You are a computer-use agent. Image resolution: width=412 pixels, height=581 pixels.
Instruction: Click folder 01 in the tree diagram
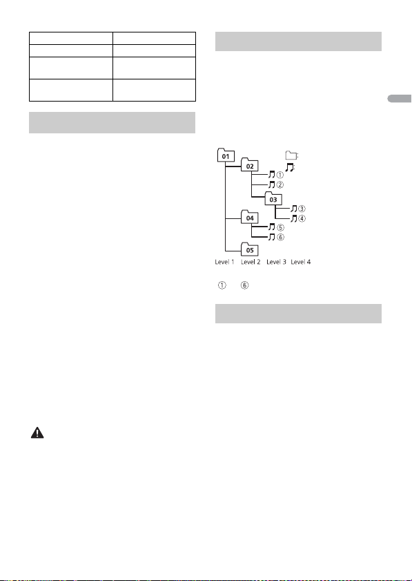tap(226, 155)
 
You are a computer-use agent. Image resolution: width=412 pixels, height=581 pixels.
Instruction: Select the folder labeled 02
tap(250, 165)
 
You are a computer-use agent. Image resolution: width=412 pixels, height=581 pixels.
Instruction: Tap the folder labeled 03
tap(273, 198)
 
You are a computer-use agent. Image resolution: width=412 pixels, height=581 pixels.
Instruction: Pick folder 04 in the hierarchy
tap(250, 217)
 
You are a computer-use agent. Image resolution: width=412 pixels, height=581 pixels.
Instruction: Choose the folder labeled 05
tap(250, 249)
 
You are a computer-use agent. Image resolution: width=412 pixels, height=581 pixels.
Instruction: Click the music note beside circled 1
tap(272, 175)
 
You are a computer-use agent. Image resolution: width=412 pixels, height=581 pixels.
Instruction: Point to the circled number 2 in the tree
tap(280, 184)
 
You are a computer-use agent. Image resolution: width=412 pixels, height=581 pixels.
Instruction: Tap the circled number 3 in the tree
tap(302, 209)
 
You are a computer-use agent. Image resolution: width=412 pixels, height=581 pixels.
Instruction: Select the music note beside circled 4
tap(294, 218)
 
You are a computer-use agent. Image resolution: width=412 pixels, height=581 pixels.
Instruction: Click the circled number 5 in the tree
tap(281, 227)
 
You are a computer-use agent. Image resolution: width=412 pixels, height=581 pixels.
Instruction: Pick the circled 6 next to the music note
tap(281, 237)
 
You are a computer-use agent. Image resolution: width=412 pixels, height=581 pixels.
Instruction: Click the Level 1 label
tap(225, 262)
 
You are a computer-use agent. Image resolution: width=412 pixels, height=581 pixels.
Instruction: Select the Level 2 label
tap(251, 262)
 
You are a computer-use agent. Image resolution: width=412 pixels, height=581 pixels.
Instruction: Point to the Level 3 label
tap(276, 262)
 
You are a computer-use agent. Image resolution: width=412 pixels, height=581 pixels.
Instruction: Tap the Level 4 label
tap(301, 262)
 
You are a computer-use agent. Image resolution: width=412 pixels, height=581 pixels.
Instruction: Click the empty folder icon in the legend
tap(291, 155)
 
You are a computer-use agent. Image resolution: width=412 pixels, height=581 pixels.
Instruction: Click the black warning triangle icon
tap(37, 432)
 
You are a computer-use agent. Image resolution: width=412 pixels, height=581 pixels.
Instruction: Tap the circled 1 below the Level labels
tap(222, 285)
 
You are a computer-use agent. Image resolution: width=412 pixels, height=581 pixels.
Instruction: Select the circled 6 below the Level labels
tap(244, 285)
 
